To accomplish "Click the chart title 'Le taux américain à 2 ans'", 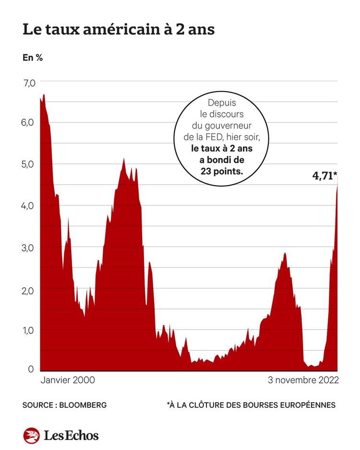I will tap(119, 30).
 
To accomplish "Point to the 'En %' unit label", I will tap(33, 58).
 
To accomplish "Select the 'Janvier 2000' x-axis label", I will tap(68, 380).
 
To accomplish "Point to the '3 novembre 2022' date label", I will tap(303, 380).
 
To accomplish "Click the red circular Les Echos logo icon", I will tap(31, 435).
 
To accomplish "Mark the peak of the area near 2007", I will tap(124, 159).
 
